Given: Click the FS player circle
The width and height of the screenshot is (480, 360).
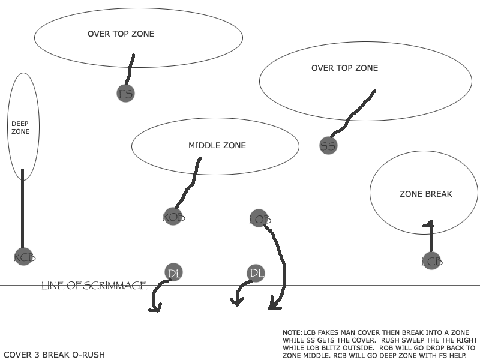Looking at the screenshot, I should point(125,93).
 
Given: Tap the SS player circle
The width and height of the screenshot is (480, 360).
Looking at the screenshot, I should point(328,145).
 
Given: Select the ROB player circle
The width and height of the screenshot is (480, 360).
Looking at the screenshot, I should point(173,217).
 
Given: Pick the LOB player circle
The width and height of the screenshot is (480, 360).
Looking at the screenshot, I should point(259,220).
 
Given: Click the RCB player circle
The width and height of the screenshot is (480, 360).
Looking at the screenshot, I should point(24,257).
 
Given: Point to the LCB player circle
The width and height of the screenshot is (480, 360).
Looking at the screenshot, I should point(432,261).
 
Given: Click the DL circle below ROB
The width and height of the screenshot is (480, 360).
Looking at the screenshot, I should point(174,273).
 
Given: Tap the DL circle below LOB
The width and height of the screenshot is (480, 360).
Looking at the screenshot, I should point(256,273).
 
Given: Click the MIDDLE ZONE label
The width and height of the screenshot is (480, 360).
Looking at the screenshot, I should point(217,145).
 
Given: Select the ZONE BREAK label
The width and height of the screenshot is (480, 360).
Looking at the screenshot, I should point(425,194).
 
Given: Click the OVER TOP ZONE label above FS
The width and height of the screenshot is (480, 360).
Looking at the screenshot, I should point(121,34).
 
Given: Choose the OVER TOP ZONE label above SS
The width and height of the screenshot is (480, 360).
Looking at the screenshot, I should point(344,68).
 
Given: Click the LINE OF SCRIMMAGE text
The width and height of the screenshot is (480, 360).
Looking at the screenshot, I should point(94,286).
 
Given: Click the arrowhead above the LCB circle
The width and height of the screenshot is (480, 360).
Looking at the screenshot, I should point(428,225).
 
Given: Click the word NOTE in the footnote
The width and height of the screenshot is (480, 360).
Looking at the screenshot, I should point(291,332).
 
